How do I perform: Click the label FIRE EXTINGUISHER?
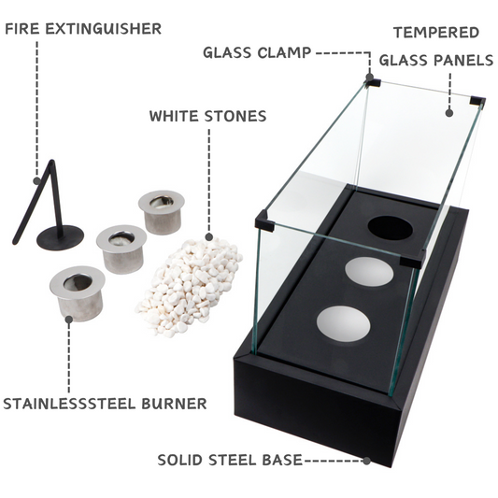[83, 29]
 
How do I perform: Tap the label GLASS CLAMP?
[256, 52]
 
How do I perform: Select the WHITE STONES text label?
[207, 117]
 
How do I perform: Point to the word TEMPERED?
[435, 33]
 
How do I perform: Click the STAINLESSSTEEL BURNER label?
[105, 405]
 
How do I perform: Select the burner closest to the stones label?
[161, 210]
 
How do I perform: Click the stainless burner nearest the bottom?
[77, 291]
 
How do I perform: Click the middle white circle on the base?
[369, 272]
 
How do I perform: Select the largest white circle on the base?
[343, 322]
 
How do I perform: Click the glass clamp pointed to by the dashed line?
[373, 81]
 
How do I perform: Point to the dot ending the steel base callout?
[367, 461]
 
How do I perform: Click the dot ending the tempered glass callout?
[449, 113]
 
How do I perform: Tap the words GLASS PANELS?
[435, 61]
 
